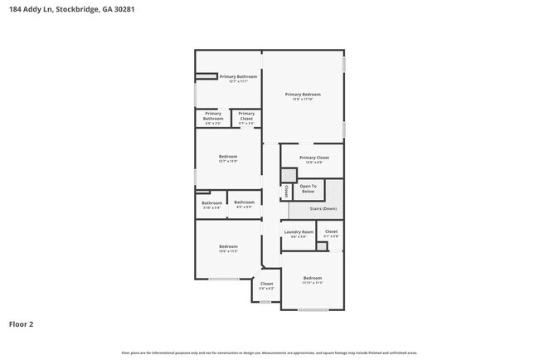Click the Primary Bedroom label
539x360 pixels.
click(x=303, y=96)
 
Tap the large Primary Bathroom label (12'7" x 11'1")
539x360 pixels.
click(x=238, y=79)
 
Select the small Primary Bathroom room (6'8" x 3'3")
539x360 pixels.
click(x=212, y=118)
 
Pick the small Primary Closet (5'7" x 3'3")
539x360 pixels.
click(x=246, y=118)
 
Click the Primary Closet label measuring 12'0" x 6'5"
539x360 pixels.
click(x=314, y=159)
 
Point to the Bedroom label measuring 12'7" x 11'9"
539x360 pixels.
click(x=228, y=158)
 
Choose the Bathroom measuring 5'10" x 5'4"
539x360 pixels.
click(x=211, y=204)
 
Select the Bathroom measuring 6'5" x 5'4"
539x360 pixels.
click(x=244, y=204)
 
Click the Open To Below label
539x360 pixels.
click(x=308, y=189)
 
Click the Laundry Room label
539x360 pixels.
click(x=299, y=234)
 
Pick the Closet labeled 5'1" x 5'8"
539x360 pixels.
click(x=331, y=234)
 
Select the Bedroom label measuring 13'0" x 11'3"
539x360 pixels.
click(x=228, y=248)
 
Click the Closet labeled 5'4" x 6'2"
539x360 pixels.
click(x=266, y=286)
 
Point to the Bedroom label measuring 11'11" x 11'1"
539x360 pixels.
click(x=312, y=280)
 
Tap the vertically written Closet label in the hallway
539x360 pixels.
click(x=286, y=191)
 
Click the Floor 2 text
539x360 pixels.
click(x=22, y=324)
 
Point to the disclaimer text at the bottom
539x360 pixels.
click(x=269, y=352)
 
